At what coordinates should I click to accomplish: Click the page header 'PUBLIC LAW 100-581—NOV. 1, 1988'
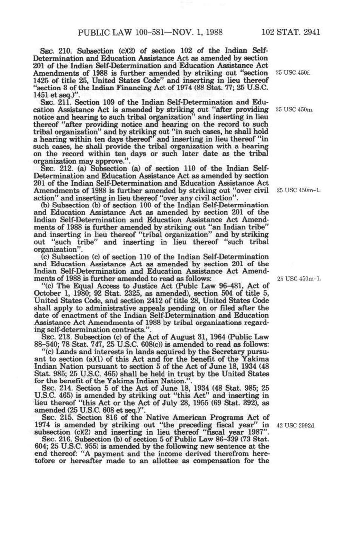click(150, 32)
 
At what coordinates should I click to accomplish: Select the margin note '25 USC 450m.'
click(295, 109)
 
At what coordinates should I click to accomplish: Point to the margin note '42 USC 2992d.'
click(296, 426)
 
